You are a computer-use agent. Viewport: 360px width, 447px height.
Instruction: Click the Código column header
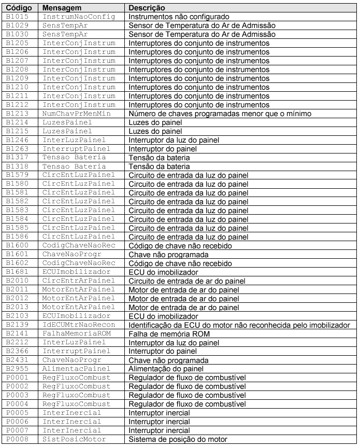point(19,8)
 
